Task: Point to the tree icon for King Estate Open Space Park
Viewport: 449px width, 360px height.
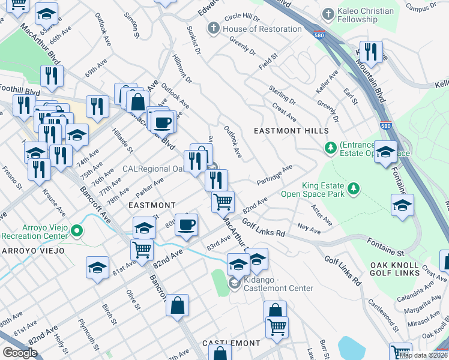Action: click(x=354, y=189)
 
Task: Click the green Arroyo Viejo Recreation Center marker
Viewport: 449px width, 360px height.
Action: click(x=76, y=230)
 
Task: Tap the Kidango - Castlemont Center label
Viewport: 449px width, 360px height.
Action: click(x=279, y=288)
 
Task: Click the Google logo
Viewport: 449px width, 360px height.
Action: click(x=20, y=352)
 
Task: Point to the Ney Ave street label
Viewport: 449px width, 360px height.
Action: click(x=309, y=229)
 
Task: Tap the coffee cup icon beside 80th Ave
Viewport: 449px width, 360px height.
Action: click(x=185, y=226)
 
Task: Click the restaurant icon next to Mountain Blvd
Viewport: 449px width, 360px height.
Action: click(x=372, y=52)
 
